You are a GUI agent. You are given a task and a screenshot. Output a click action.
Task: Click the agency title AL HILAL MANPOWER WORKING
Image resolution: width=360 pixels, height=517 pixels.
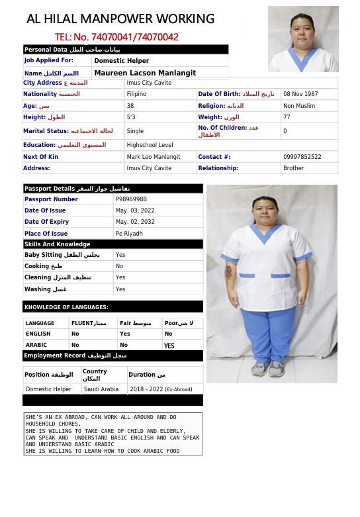tap(120, 19)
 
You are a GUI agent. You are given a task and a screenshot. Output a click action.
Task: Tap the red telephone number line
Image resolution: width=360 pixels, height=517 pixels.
tap(116, 37)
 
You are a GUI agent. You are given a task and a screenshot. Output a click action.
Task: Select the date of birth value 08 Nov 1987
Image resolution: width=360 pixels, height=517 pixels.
tap(300, 94)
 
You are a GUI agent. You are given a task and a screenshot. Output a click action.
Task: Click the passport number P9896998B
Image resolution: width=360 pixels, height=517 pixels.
tap(131, 199)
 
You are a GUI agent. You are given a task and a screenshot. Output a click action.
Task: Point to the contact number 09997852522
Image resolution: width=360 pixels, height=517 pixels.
tap(302, 157)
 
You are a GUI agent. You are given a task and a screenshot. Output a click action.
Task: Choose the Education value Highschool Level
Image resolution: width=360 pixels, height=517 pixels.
tap(150, 145)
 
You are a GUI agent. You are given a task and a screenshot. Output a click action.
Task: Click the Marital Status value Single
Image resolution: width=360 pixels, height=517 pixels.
tap(135, 131)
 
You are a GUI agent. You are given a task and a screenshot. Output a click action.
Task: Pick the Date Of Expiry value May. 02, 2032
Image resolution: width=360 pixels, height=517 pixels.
tap(135, 222)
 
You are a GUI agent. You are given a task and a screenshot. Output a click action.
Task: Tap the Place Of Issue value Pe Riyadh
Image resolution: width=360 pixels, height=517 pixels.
tap(129, 234)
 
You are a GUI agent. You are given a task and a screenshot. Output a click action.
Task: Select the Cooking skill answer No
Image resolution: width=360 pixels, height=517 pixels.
tap(119, 266)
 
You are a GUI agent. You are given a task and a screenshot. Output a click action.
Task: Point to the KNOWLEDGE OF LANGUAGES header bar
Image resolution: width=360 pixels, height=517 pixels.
tap(112, 307)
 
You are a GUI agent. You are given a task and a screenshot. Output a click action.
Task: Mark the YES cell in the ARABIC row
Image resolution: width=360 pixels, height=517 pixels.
tap(169, 346)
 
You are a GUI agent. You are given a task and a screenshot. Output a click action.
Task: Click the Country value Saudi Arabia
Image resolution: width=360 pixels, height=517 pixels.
tap(101, 389)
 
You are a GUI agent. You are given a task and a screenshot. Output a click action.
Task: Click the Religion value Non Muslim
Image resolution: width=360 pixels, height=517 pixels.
tap(299, 106)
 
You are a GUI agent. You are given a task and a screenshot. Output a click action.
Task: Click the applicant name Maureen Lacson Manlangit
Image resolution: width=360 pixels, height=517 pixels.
tap(145, 73)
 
